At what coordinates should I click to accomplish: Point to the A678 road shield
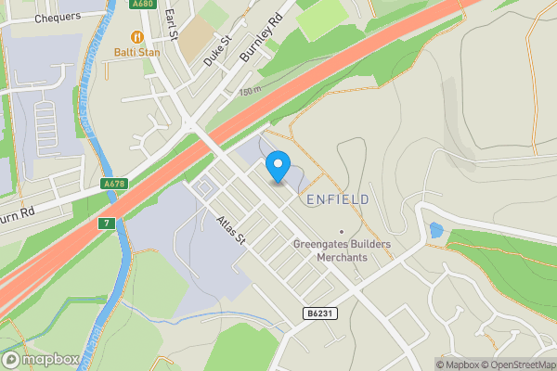[x=114, y=184]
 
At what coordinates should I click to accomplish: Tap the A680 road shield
[x=143, y=4]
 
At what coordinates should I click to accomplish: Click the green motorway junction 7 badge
[x=107, y=224]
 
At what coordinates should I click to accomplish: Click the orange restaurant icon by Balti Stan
[x=136, y=36]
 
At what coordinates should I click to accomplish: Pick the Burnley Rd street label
[x=259, y=44]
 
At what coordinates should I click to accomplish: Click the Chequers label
[x=58, y=18]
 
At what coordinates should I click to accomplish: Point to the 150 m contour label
[x=250, y=91]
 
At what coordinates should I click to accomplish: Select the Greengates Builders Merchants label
[x=342, y=250]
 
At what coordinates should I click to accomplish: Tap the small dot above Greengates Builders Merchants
[x=342, y=231]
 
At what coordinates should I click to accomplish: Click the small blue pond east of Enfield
[x=435, y=230]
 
